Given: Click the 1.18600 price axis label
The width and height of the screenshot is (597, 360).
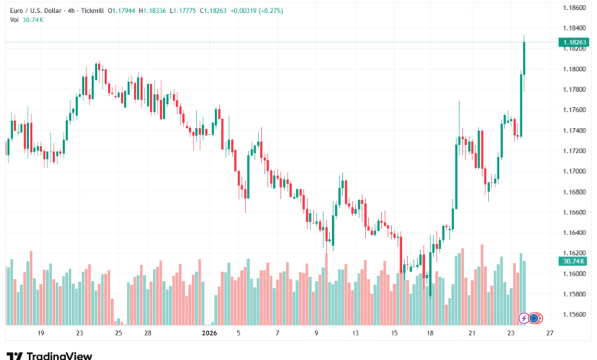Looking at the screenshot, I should point(575,8).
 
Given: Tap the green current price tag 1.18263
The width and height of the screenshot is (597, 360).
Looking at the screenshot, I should point(573,42).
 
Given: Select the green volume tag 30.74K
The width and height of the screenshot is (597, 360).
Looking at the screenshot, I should point(573,261).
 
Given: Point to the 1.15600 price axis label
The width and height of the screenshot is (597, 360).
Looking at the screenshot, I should point(575,315).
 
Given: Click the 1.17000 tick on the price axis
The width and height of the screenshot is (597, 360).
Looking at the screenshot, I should point(575,171).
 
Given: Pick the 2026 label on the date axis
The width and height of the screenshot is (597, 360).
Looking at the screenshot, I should point(208,334).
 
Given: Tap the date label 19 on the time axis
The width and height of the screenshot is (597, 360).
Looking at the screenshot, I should point(41,334).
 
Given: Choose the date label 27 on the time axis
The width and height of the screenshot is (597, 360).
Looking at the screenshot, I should point(550,334).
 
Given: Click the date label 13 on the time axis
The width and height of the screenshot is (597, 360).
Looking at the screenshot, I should point(355,334).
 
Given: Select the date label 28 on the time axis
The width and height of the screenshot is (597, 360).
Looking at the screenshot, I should point(148,334).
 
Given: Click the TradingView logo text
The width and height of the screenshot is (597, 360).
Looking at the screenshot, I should point(59,355).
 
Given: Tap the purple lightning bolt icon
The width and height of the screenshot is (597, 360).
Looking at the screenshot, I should point(524,317).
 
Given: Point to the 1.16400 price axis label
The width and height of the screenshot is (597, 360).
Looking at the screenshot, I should point(575,233).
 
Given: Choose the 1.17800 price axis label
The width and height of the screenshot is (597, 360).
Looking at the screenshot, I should point(575,89).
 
